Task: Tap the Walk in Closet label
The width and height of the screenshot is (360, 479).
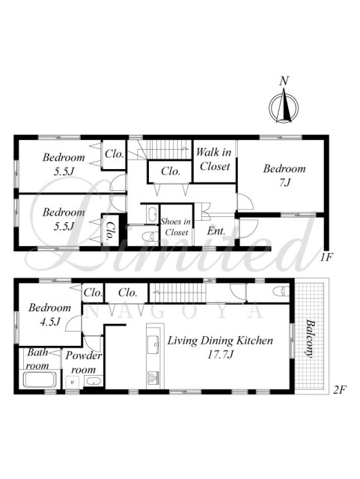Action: coord(213,159)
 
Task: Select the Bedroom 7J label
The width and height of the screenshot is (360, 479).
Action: coord(284,175)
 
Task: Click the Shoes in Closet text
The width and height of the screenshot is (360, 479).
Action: coord(177,227)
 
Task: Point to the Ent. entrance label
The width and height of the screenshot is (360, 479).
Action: coord(216,231)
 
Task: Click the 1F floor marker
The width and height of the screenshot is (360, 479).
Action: coord(326,257)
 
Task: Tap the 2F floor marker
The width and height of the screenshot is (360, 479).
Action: coord(339,389)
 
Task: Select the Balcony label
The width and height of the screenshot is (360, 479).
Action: coord(310,338)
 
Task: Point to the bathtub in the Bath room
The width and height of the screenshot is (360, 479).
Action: coord(40,379)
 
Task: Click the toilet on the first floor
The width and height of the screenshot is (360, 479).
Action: coord(150,237)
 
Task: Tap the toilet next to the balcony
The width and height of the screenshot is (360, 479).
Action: coord(281,291)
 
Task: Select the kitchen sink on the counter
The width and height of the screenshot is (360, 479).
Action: coord(153,344)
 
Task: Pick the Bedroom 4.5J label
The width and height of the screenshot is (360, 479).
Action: coord(49,314)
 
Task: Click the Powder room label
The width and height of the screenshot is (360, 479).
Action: coord(83,362)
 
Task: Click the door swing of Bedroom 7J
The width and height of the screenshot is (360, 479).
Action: coord(245,201)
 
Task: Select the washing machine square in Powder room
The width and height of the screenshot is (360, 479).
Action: coord(73,382)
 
